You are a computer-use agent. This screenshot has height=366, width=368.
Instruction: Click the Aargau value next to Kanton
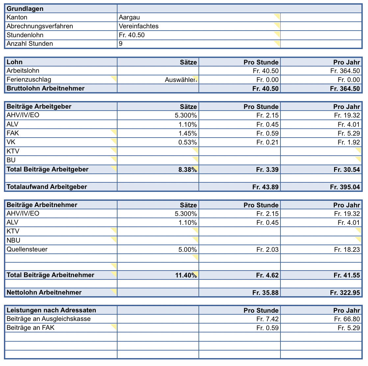point(129,17)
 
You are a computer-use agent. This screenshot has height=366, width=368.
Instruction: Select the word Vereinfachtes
point(139,26)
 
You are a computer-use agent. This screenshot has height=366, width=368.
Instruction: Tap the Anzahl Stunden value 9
point(121,44)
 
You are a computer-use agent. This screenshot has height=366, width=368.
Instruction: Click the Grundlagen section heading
point(25,9)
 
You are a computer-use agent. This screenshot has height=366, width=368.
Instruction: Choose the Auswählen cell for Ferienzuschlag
point(181,80)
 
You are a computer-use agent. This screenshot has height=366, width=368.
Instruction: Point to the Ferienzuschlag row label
point(29,80)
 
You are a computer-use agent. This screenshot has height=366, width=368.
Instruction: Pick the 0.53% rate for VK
point(188,143)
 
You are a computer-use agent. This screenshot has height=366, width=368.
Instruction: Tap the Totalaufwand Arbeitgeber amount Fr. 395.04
point(345,187)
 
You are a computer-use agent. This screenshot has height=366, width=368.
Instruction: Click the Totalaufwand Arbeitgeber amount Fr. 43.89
point(265,187)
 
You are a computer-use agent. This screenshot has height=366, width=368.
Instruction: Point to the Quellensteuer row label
point(27,249)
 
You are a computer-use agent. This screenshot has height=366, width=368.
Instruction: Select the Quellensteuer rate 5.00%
point(188,250)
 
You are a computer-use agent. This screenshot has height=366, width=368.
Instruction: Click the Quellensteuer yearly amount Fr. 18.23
point(347,250)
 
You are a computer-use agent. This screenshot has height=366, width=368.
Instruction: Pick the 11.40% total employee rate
point(186,275)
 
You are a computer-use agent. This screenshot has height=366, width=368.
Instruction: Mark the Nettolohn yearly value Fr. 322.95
point(345,293)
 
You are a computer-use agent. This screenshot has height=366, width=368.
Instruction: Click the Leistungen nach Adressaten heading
point(51,310)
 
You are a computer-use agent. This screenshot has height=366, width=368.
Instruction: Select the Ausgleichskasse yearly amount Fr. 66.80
point(347,319)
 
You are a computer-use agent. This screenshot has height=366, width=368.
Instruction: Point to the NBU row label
point(13,241)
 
